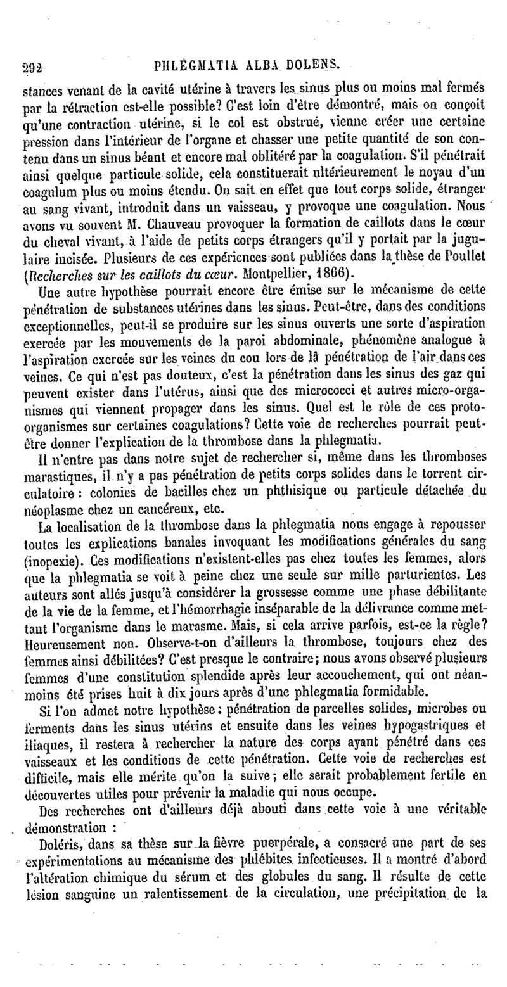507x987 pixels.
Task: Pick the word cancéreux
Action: coord(160,508)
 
